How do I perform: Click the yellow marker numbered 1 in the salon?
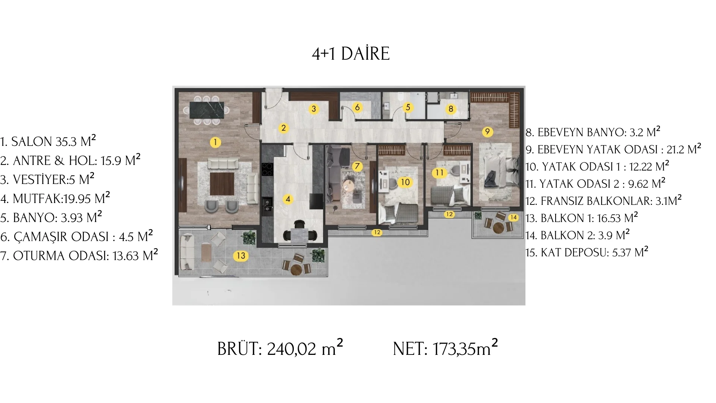tap(215, 142)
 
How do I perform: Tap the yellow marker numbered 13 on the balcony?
tap(241, 256)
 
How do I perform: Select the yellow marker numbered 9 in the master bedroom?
tap(487, 131)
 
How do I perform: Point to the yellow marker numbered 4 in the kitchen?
tap(288, 199)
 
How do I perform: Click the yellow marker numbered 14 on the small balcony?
tap(514, 217)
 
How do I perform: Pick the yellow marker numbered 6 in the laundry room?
tap(357, 108)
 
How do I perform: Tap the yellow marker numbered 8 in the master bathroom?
tap(451, 109)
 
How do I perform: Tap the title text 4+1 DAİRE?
tap(351, 54)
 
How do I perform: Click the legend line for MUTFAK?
tap(55, 198)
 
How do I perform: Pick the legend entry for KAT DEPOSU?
tap(587, 252)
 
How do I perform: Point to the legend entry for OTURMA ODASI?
tap(79, 255)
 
